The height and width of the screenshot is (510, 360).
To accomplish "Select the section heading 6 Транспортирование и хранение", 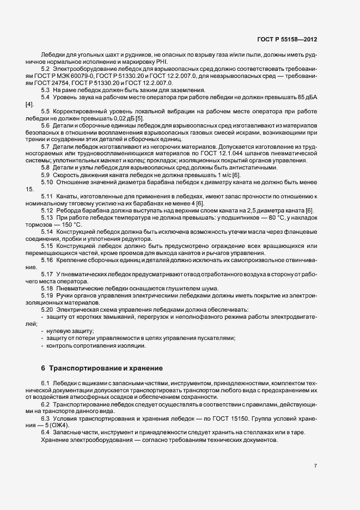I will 101,368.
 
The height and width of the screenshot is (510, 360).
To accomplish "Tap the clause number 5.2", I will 46,69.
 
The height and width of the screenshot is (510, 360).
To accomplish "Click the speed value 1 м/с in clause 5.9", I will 211,174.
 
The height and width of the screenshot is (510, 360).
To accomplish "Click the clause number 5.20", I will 47,309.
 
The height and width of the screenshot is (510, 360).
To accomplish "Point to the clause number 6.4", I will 46,433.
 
